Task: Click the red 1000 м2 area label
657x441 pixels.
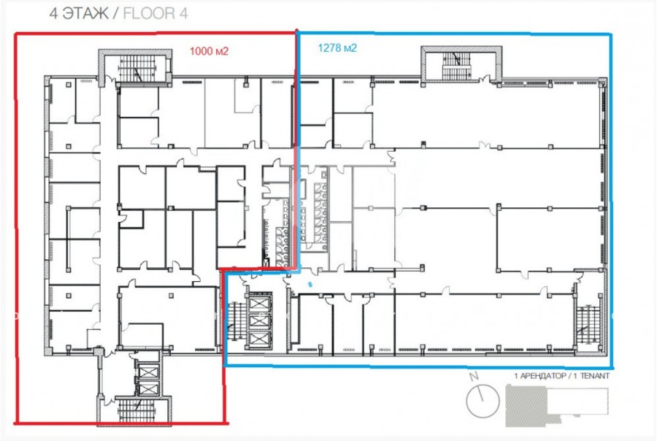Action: [x=209, y=51]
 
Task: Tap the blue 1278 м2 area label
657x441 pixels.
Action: [x=337, y=47]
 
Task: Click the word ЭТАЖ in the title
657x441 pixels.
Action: [x=85, y=13]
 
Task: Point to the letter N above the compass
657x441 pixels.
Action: [x=474, y=376]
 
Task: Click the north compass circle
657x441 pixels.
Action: [x=483, y=401]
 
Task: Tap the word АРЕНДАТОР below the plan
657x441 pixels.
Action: [x=542, y=375]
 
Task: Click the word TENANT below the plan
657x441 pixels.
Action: [x=594, y=375]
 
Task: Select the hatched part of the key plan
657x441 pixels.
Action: [x=526, y=406]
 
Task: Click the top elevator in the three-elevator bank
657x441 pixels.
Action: [x=260, y=303]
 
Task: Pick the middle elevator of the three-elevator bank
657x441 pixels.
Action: [x=260, y=321]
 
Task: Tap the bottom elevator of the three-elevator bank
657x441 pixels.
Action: [x=260, y=338]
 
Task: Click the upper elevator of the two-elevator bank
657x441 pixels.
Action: [x=149, y=372]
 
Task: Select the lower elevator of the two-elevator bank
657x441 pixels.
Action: [x=149, y=388]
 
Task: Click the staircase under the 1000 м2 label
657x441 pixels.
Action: [x=137, y=69]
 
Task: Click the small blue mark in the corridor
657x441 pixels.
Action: [x=310, y=285]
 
